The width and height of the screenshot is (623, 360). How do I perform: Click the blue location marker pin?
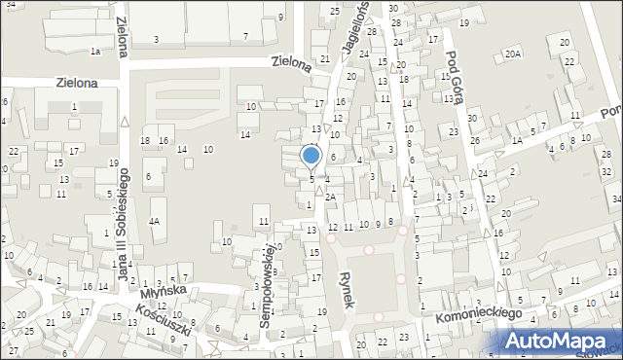click(x=311, y=156)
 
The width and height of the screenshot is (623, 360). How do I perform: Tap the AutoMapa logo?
click(x=558, y=341)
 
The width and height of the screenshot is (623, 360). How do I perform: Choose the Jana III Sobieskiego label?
click(x=124, y=223)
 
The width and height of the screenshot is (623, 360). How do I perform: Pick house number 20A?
click(x=513, y=54)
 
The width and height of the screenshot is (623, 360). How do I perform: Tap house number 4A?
click(x=154, y=221)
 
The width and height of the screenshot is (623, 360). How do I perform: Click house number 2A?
click(x=331, y=197)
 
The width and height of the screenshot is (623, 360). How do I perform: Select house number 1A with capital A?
click(x=517, y=141)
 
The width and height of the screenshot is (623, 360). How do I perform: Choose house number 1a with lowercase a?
click(x=94, y=51)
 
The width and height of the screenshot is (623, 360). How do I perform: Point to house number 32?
click(x=606, y=171)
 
